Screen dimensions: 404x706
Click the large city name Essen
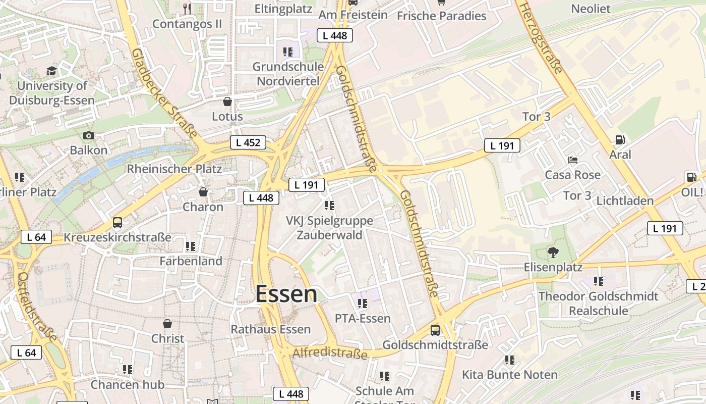click(x=286, y=294)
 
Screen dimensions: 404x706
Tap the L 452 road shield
click(x=248, y=142)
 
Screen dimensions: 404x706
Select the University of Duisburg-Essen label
click(x=51, y=93)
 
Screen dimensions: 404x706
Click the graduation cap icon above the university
click(x=52, y=71)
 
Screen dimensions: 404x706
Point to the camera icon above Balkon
click(x=89, y=135)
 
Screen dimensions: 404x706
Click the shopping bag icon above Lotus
click(x=227, y=102)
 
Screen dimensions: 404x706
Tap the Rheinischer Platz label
click(x=174, y=169)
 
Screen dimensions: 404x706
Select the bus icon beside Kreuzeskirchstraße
click(x=117, y=222)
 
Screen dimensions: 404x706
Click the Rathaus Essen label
click(x=270, y=329)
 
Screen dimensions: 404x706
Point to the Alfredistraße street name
click(x=330, y=352)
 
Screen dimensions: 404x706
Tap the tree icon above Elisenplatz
click(x=553, y=252)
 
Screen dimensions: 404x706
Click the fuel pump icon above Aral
click(x=620, y=140)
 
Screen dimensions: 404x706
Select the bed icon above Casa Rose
click(x=573, y=160)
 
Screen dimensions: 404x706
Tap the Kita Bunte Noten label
click(x=510, y=375)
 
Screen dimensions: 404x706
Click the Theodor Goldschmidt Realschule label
click(x=598, y=303)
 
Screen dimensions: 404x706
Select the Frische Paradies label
click(x=441, y=16)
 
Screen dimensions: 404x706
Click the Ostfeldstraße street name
click(x=37, y=307)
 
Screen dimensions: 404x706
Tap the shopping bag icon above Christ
click(x=167, y=323)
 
